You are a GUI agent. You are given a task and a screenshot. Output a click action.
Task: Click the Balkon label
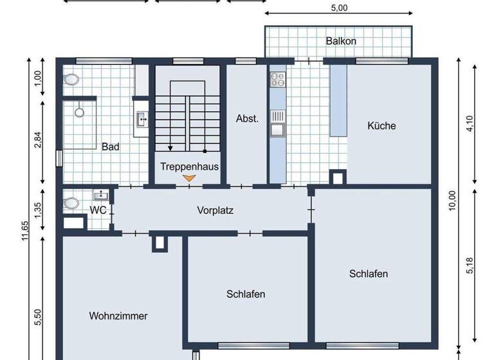click(x=341, y=41)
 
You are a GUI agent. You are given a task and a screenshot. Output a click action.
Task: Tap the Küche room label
click(x=381, y=126)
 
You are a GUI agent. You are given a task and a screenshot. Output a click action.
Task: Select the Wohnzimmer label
click(x=118, y=316)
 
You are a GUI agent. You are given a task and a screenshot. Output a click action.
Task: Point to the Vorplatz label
click(x=215, y=210)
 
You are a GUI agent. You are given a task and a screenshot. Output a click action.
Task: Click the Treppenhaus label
click(x=190, y=166)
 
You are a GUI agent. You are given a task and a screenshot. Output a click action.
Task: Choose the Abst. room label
click(x=247, y=118)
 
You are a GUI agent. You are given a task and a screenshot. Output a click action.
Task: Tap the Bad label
click(x=111, y=147)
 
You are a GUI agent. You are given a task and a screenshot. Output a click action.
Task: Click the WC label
click(x=98, y=210)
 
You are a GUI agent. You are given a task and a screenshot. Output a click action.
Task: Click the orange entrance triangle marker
click(x=189, y=178)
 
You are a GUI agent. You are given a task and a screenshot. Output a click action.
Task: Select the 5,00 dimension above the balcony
click(x=339, y=8)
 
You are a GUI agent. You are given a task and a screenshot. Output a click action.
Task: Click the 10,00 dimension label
click(x=453, y=201)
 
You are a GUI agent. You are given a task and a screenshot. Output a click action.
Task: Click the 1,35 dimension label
click(x=38, y=211)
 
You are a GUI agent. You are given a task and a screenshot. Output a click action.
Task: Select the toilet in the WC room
click(x=71, y=203)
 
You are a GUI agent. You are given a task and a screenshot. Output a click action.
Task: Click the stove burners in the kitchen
click(x=278, y=79)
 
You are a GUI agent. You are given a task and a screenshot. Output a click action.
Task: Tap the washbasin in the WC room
click(x=100, y=195)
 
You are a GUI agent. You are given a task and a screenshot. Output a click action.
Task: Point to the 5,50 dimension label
click(x=38, y=318)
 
